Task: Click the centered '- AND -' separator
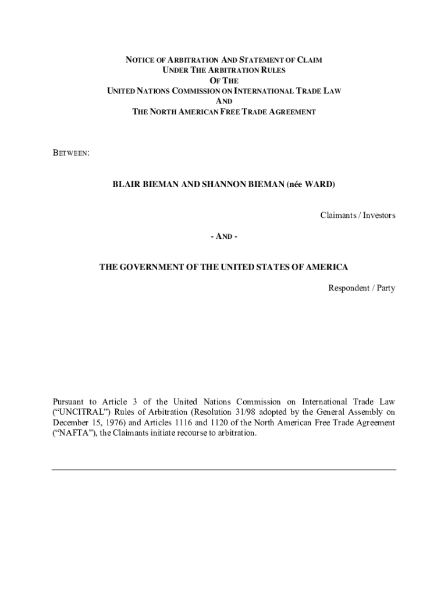click(224, 236)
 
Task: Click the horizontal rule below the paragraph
click(224, 469)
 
